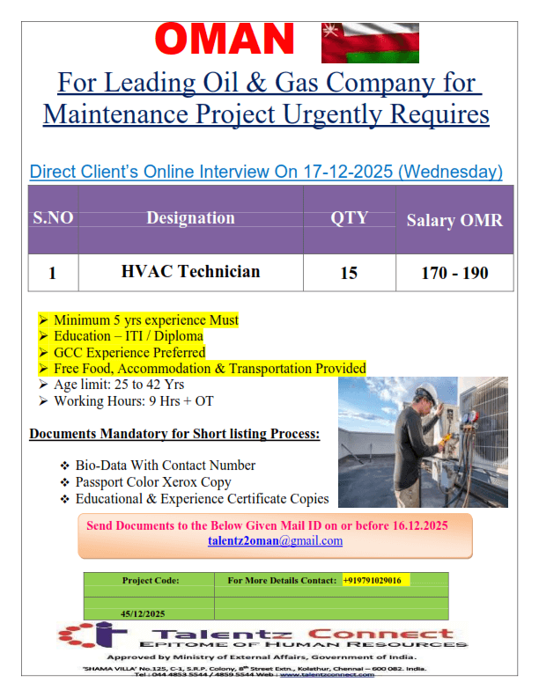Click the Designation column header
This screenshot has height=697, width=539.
(x=190, y=218)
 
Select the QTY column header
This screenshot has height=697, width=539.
(x=349, y=218)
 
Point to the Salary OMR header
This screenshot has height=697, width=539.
(x=454, y=220)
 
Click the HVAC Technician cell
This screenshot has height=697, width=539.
(x=190, y=272)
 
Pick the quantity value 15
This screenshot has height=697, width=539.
(x=349, y=273)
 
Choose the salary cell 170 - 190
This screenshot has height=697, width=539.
(x=454, y=273)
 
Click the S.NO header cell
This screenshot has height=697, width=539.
(x=53, y=218)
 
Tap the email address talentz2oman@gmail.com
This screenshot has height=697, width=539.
(x=275, y=540)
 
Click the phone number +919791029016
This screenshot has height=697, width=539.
(x=372, y=580)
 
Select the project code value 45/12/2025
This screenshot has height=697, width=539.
(x=143, y=613)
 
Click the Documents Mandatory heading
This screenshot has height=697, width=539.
(x=174, y=435)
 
